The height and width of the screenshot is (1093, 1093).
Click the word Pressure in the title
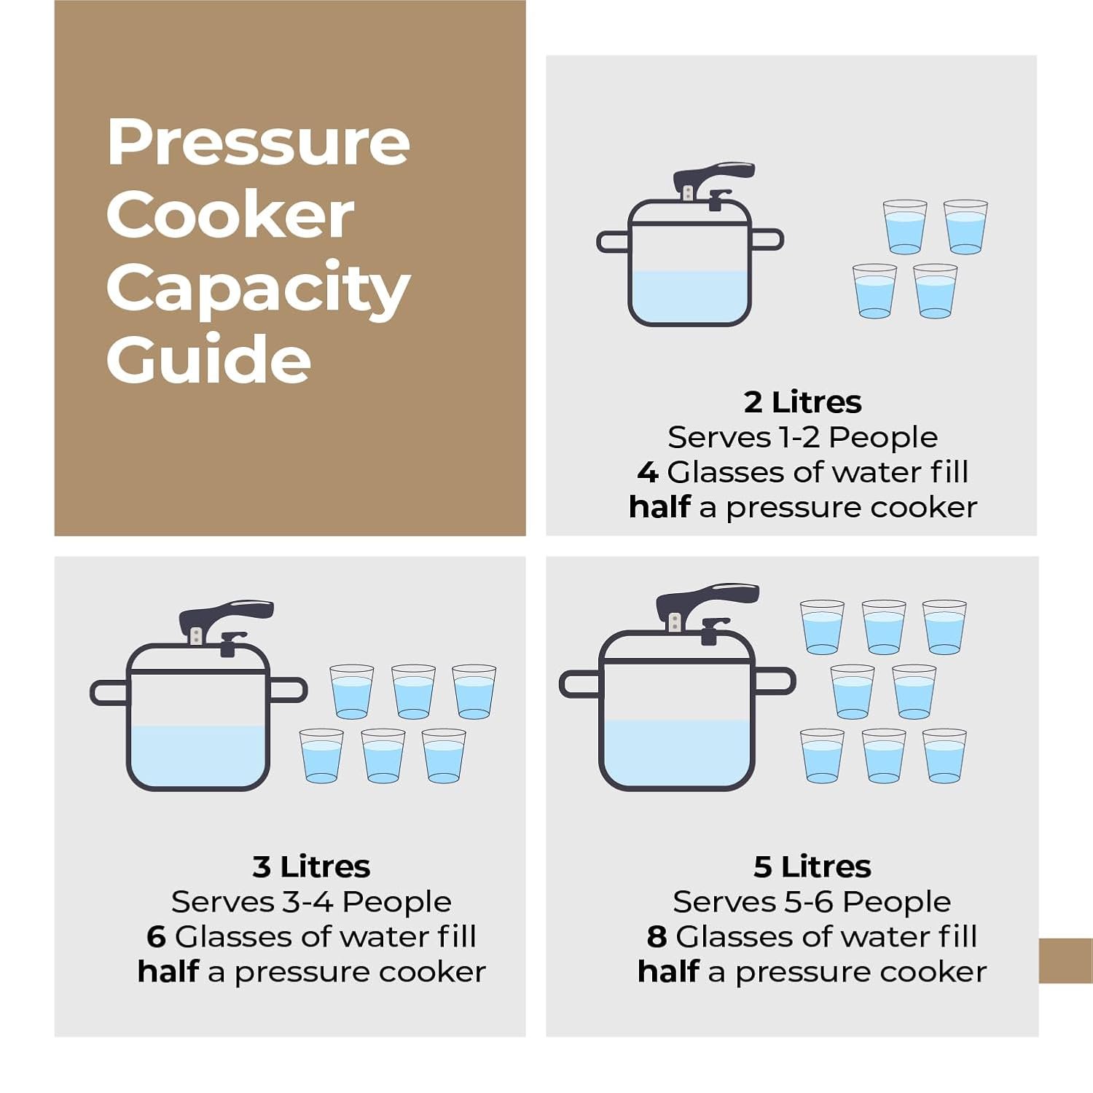[258, 141]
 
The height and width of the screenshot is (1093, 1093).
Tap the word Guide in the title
[208, 359]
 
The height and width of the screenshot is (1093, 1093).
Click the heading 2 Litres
[802, 402]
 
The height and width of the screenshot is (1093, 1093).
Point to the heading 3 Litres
[311, 867]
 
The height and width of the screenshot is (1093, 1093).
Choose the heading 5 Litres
[812, 867]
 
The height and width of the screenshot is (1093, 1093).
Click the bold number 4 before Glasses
[648, 472]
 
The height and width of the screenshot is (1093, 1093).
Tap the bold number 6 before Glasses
[156, 937]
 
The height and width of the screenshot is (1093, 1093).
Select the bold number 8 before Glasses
[657, 937]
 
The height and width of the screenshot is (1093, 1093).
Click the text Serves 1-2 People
[802, 437]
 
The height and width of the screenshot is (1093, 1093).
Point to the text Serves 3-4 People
[311, 902]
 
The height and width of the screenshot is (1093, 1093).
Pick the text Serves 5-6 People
[812, 902]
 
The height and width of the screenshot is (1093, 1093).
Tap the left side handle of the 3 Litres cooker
[109, 692]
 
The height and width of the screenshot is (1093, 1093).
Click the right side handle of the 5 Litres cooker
[774, 681]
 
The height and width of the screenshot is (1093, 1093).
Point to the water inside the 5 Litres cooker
[677, 753]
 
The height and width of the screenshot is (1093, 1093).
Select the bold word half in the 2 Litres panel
[659, 507]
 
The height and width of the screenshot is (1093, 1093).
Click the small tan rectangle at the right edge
[1065, 960]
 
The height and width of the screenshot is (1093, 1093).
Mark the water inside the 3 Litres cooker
[198, 756]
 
